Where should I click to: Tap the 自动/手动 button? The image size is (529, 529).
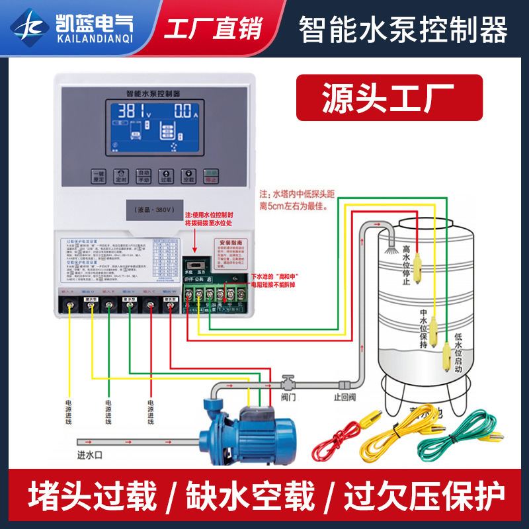point(143,176)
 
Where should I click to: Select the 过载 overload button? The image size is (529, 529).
point(166,176)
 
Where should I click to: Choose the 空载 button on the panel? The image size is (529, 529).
point(188,176)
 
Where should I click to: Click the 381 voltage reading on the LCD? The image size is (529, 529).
point(133,111)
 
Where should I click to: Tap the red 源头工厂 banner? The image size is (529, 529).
point(389,97)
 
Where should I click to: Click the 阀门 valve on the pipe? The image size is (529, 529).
point(288,384)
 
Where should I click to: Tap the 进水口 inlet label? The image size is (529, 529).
point(92,456)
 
